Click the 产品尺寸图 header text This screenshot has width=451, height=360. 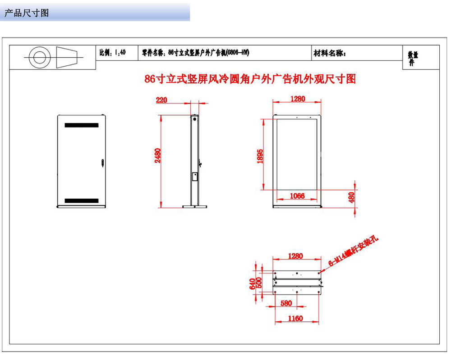pos(26,13)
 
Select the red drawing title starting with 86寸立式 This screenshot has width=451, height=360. pos(250,79)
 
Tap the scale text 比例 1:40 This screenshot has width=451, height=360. pos(112,53)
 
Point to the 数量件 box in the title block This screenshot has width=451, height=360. pos(413,58)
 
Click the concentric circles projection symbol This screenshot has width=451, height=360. pos(37,58)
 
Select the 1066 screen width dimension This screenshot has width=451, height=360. pos(297,196)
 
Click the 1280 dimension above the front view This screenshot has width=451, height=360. pos(297,99)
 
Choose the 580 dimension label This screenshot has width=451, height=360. pos(286,303)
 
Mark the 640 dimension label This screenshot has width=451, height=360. pos(252,284)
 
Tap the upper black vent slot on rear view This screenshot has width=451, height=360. pos(81,125)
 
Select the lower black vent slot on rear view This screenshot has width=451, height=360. pos(81,200)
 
